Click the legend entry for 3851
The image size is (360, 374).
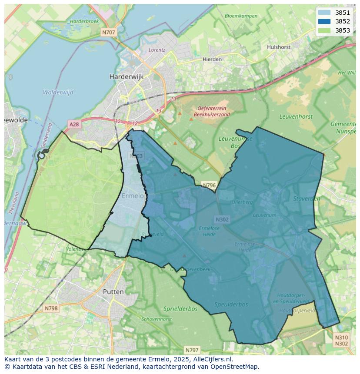click(x=342, y=13)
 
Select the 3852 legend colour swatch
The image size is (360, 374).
click(x=324, y=21)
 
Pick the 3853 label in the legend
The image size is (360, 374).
click(x=342, y=30)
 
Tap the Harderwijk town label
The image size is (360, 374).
click(x=126, y=76)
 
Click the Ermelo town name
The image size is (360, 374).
click(x=133, y=196)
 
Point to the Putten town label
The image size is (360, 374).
click(x=113, y=292)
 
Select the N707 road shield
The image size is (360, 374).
click(x=108, y=33)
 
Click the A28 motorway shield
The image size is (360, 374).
click(x=74, y=125)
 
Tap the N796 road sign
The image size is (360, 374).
click(x=209, y=185)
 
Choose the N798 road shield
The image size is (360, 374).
click(x=51, y=308)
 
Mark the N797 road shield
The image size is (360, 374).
click(x=192, y=350)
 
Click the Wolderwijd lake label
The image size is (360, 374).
click(x=58, y=92)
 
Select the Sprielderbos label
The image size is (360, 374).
click(x=180, y=309)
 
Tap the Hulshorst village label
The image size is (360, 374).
click(x=279, y=47)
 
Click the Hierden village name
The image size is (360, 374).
click(x=212, y=59)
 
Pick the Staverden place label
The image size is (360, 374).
click(x=307, y=199)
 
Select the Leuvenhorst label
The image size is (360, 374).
click(x=296, y=117)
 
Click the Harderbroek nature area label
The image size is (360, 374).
click(x=84, y=21)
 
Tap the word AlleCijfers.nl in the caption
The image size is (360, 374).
click(x=213, y=359)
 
